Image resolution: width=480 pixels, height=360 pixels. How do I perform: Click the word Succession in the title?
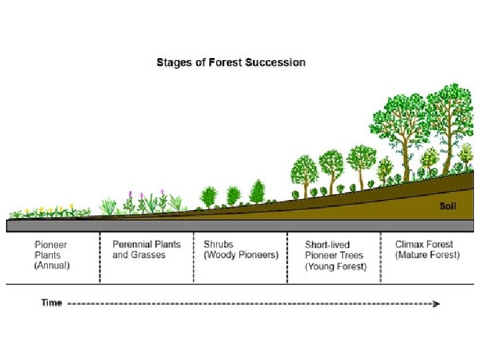pyautogui.click(x=275, y=63)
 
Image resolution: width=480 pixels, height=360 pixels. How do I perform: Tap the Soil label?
pyautogui.click(x=448, y=206)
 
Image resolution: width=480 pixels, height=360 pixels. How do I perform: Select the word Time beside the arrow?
pyautogui.click(x=51, y=303)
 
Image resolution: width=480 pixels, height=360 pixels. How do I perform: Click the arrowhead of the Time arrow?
pyautogui.click(x=436, y=303)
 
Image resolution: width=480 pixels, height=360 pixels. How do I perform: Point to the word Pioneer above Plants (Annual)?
pyautogui.click(x=51, y=244)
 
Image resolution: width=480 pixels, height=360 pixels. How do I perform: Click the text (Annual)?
pyautogui.click(x=52, y=265)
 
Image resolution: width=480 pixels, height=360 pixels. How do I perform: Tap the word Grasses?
pyautogui.click(x=148, y=255)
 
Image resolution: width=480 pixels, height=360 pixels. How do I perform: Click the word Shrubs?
pyautogui.click(x=219, y=244)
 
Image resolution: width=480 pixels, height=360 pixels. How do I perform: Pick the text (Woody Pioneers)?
pyautogui.click(x=241, y=255)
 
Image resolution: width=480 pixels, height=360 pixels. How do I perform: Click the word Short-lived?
pyautogui.click(x=327, y=245)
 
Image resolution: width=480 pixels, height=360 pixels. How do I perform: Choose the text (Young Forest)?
pyautogui.click(x=336, y=267)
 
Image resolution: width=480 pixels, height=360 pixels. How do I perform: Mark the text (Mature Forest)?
pyautogui.click(x=427, y=255)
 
